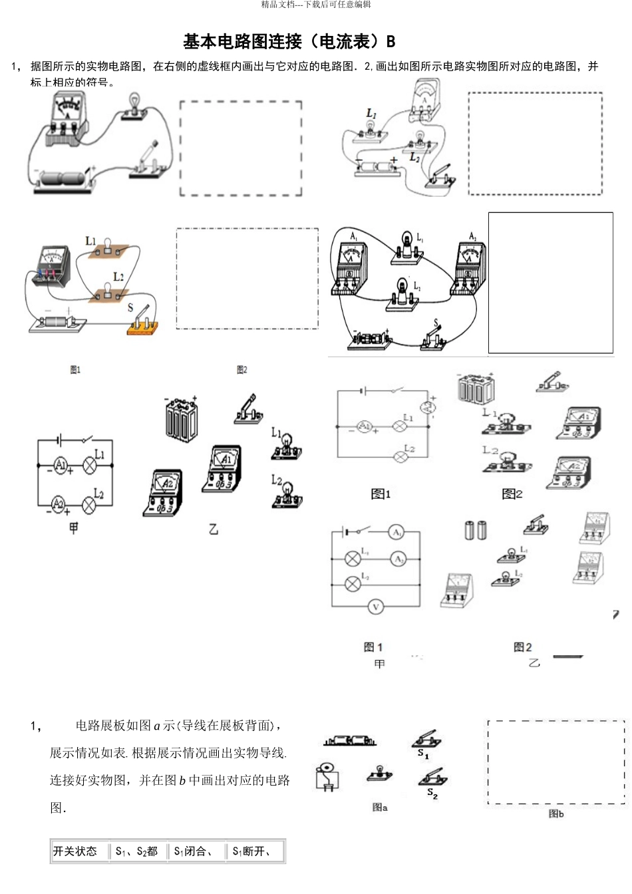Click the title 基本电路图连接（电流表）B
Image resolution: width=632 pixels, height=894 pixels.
pos(289,42)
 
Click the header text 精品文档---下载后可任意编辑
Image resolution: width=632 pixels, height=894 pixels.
pos(316,5)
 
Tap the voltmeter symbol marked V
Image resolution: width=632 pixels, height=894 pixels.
pos(376,607)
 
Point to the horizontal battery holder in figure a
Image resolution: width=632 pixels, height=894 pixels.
pos(349,741)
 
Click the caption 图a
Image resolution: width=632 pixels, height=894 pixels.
pos(380,808)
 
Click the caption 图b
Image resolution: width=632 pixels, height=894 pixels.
pos(555,814)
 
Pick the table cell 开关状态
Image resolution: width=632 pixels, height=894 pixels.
pos(75,851)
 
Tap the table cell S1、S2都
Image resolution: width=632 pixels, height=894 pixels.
pos(136,851)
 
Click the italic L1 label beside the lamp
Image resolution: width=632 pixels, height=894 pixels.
pos(371,114)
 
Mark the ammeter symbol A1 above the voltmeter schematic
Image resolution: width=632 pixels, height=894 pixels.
pos(396,533)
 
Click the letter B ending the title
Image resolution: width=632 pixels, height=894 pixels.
pos(391,42)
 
